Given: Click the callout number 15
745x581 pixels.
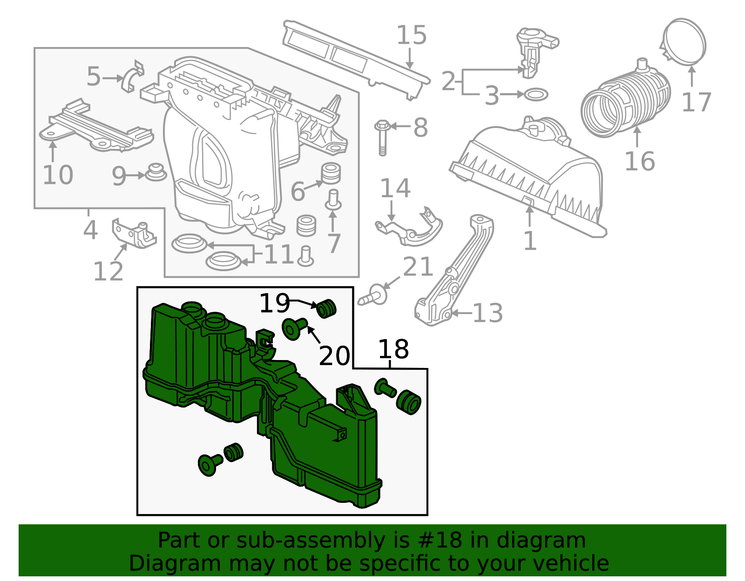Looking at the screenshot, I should pyautogui.click(x=412, y=35).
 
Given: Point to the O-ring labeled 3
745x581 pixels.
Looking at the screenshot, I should pyautogui.click(x=536, y=95).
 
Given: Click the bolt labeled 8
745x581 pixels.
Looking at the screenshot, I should pyautogui.click(x=382, y=137).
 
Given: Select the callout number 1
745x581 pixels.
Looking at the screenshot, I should pyautogui.click(x=530, y=241).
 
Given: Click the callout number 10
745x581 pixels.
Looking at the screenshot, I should pyautogui.click(x=58, y=175).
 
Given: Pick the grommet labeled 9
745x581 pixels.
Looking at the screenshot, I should pyautogui.click(x=156, y=173).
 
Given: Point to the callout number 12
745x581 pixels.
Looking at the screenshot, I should pyautogui.click(x=108, y=272).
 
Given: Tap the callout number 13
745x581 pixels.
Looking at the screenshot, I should pyautogui.click(x=488, y=313).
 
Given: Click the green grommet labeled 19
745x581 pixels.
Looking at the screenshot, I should pyautogui.click(x=326, y=309).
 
